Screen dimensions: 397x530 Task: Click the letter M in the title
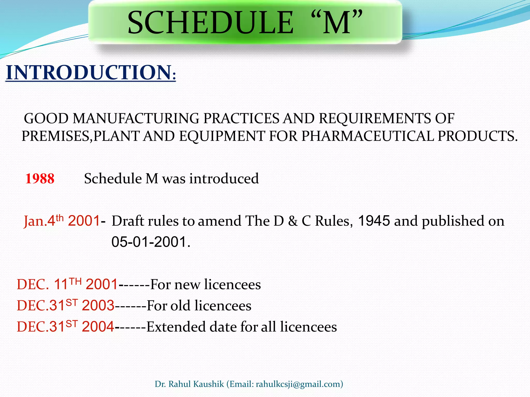coord(337,23)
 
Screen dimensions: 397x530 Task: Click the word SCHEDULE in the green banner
coord(210,23)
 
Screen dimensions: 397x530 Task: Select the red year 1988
coord(40,179)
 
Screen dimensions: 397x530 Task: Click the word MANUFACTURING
coord(136,119)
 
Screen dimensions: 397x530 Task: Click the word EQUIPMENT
coord(222,136)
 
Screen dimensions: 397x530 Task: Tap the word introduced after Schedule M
coord(224,179)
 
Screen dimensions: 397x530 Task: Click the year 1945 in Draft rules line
coord(374,221)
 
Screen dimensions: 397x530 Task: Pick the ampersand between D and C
coord(293,221)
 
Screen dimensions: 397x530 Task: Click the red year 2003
coord(98,306)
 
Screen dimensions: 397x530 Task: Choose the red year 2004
coord(98,327)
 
